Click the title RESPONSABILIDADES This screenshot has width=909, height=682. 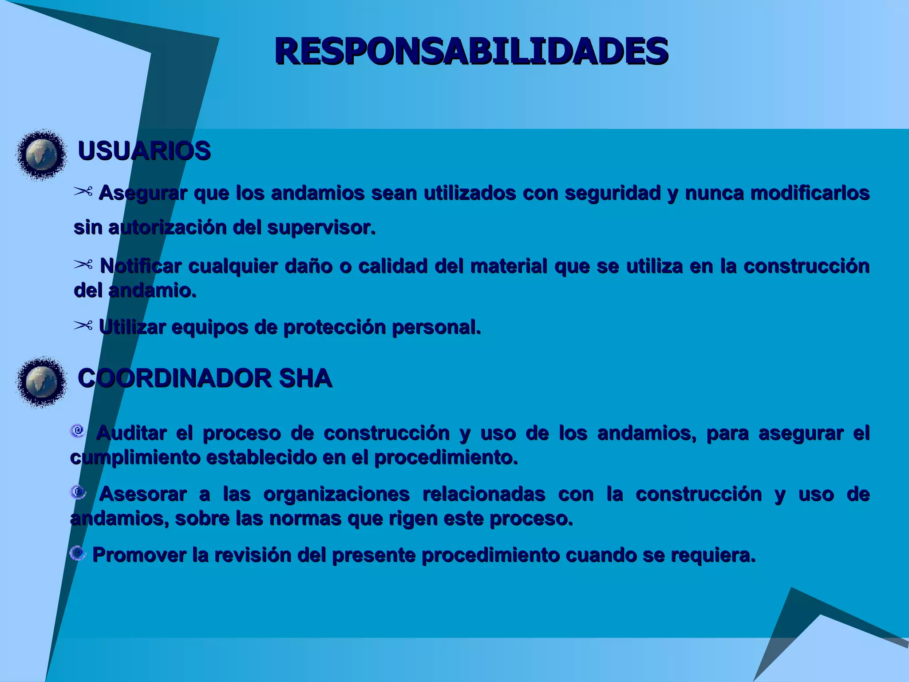click(471, 51)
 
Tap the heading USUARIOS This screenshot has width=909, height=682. click(144, 151)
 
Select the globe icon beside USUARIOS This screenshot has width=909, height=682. click(42, 155)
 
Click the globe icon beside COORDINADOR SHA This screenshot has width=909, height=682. click(42, 381)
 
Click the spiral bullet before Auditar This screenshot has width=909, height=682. click(78, 431)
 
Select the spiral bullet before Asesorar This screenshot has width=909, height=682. click(78, 492)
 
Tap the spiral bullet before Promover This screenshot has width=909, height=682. click(78, 553)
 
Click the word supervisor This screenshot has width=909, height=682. click(321, 227)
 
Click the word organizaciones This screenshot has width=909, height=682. click(336, 494)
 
